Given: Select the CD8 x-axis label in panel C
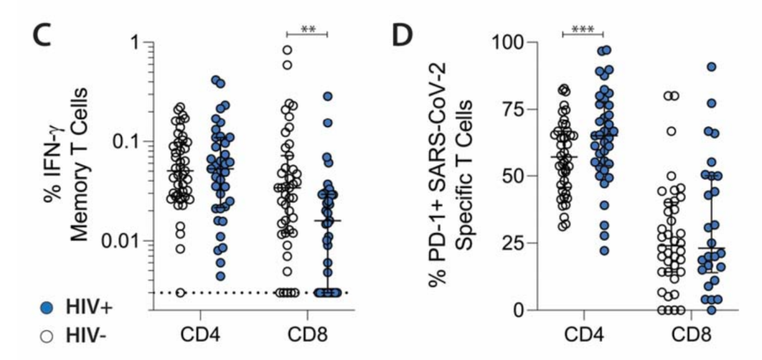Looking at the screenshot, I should coord(308,332).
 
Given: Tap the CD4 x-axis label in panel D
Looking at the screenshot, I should coord(583,332).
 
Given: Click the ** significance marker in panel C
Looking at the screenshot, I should coord(308,29).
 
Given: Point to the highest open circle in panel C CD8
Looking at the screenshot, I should coord(288,50).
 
